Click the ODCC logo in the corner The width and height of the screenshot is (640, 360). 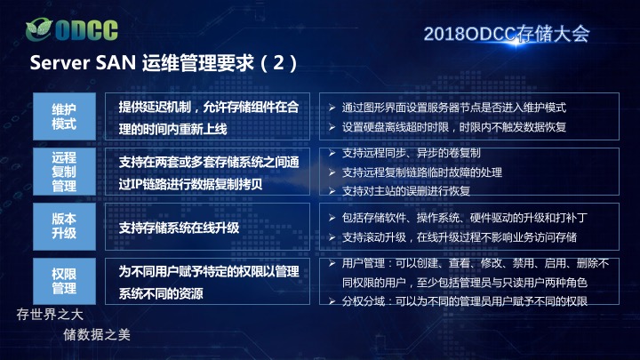pyautogui.click(x=72, y=29)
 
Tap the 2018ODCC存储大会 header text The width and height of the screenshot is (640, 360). pyautogui.click(x=507, y=34)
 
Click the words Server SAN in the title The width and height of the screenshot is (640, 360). pyautogui.click(x=83, y=63)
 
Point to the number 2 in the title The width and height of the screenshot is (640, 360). pyautogui.click(x=279, y=62)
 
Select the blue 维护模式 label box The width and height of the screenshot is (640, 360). pyautogui.click(x=65, y=116)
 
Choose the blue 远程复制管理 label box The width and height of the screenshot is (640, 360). pyautogui.click(x=65, y=172)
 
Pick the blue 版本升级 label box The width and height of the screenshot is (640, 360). pyautogui.click(x=65, y=227)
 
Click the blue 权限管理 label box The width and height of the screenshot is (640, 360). pyautogui.click(x=65, y=281)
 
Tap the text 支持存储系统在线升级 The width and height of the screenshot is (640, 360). pyautogui.click(x=179, y=228)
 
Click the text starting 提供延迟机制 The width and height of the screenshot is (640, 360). pyautogui.click(x=209, y=107)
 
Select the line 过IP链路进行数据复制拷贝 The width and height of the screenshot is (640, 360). pyautogui.click(x=190, y=184)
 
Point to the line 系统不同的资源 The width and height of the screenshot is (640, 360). pyautogui.click(x=161, y=293)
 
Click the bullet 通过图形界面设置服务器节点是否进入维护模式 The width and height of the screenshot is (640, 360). pyautogui.click(x=447, y=108)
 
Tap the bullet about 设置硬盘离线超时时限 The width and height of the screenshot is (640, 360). pyautogui.click(x=447, y=127)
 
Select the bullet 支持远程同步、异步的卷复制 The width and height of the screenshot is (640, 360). pyautogui.click(x=404, y=153)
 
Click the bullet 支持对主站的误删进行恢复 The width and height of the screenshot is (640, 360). pyautogui.click(x=400, y=190)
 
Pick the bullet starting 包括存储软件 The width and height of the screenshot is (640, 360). pyautogui.click(x=458, y=218)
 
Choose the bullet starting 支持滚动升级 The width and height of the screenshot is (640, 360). pyautogui.click(x=452, y=237)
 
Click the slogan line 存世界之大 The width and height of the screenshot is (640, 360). pyautogui.click(x=50, y=315)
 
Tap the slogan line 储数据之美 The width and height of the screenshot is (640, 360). pyautogui.click(x=97, y=335)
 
